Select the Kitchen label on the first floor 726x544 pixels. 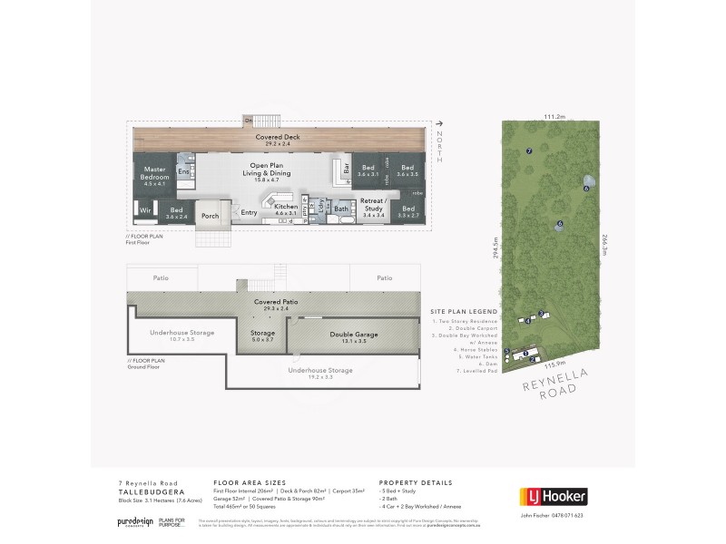click(x=286, y=209)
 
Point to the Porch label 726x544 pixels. click(x=211, y=216)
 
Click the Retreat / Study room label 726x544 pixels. click(x=374, y=202)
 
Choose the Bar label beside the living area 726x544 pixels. click(x=346, y=169)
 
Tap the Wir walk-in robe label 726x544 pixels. click(x=145, y=211)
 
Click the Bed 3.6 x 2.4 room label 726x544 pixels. click(x=177, y=213)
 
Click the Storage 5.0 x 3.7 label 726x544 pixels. click(x=262, y=335)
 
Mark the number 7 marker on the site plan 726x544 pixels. click(x=528, y=151)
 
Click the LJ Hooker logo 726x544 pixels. click(x=552, y=496)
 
